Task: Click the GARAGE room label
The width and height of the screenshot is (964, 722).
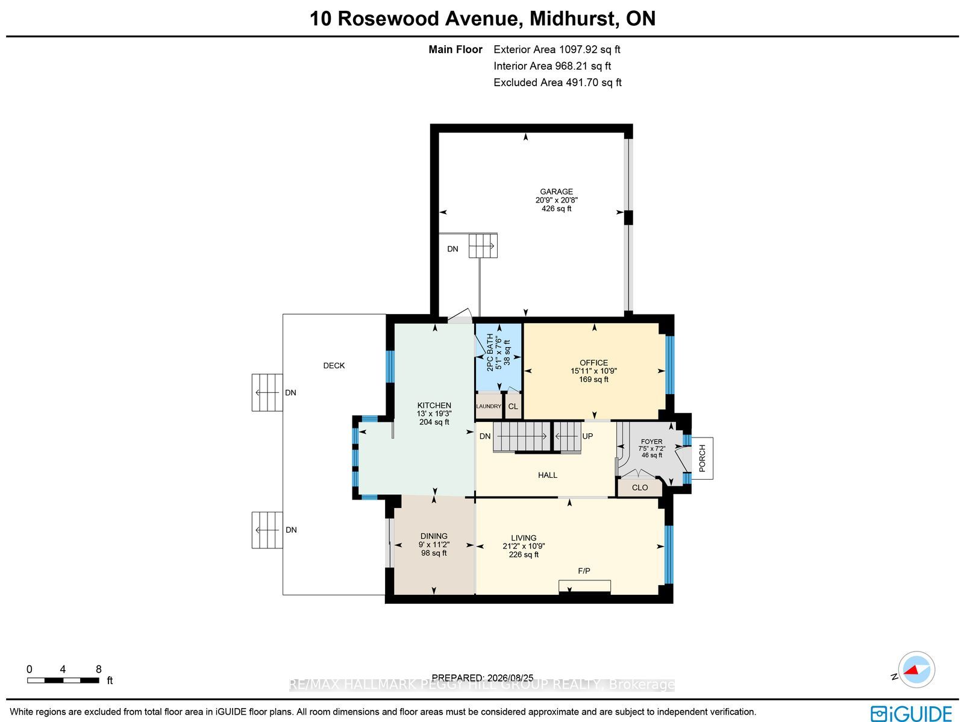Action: (x=557, y=192)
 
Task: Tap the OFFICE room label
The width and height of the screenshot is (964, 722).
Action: (x=594, y=363)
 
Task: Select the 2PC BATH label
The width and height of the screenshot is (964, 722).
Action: (x=490, y=352)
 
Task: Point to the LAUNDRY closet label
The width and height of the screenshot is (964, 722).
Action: (x=489, y=406)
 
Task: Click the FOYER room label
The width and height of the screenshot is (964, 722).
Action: (x=652, y=442)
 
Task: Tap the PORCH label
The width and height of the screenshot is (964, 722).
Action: (x=702, y=458)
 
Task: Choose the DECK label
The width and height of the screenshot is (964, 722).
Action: (x=334, y=365)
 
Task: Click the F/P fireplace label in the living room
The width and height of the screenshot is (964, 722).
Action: (x=584, y=571)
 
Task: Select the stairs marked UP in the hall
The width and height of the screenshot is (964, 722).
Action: (x=567, y=436)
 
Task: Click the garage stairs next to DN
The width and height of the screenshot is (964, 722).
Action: (x=483, y=245)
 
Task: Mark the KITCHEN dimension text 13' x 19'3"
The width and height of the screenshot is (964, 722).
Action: (x=434, y=413)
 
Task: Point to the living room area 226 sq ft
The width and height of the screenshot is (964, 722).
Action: (x=524, y=554)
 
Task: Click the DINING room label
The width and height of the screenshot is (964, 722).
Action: (x=434, y=536)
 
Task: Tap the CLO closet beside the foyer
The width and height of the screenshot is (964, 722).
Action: (x=640, y=488)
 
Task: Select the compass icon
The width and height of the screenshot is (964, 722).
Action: (x=916, y=670)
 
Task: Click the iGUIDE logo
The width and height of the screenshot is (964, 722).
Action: (x=911, y=713)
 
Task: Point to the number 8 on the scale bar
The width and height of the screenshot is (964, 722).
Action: (x=99, y=669)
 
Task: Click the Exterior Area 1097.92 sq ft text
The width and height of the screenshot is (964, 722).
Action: (x=557, y=49)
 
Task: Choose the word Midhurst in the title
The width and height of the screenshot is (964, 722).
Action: (x=572, y=19)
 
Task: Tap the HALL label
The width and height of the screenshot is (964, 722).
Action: (x=548, y=475)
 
